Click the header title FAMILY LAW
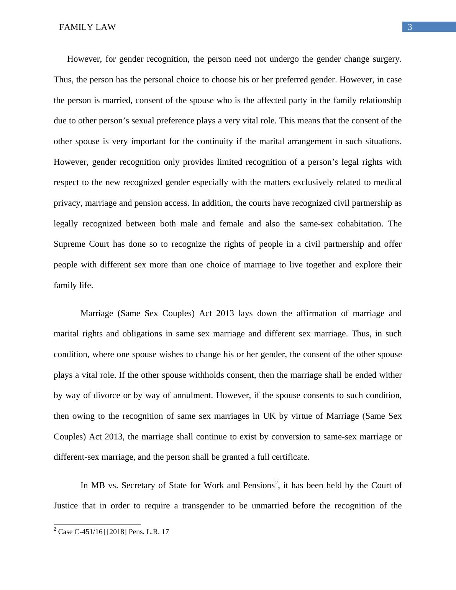click(87, 27)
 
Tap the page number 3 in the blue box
click(410, 27)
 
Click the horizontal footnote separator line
click(97, 524)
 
